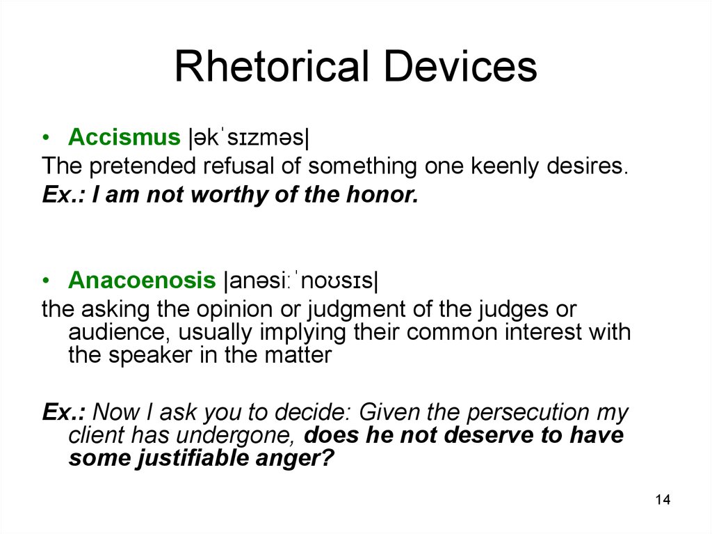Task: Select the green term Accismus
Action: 124,137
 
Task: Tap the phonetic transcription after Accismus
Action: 249,138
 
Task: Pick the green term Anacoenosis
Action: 142,280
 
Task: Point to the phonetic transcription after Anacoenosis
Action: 300,281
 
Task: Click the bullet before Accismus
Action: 45,137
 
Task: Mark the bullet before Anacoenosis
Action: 45,280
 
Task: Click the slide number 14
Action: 663,500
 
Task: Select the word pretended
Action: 142,166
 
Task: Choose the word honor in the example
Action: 382,194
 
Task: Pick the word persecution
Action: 528,413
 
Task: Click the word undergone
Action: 236,436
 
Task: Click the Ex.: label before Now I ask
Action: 63,412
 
